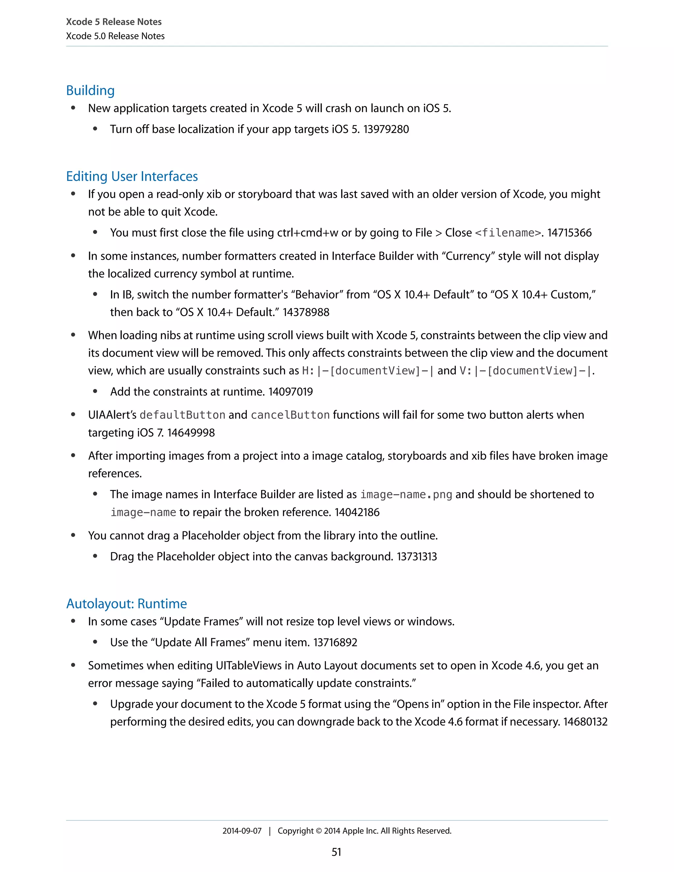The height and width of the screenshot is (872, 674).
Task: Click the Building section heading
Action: coord(90,90)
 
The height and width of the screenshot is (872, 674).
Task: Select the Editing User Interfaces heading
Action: coord(132,176)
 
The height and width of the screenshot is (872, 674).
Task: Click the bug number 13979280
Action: coord(386,129)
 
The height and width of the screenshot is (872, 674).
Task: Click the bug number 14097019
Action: coord(290,392)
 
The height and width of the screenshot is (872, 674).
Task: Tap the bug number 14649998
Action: coord(191,433)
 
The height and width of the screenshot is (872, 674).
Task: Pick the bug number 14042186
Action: coord(357,512)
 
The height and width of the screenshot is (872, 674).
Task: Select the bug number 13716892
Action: coord(335,642)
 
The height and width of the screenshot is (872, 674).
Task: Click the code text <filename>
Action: coord(508,233)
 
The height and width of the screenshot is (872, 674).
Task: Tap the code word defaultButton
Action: coord(182,415)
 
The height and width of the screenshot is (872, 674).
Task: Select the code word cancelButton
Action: coord(290,415)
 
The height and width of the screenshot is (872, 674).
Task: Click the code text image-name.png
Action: coord(406,495)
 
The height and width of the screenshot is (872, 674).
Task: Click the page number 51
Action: coord(336,852)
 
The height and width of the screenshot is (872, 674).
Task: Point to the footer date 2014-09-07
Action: coord(242,831)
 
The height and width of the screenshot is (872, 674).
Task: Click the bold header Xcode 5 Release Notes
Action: coord(114,22)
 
